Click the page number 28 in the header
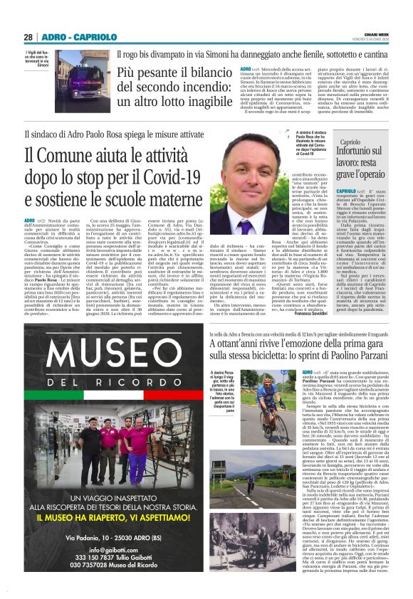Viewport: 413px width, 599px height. (x=28, y=37)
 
